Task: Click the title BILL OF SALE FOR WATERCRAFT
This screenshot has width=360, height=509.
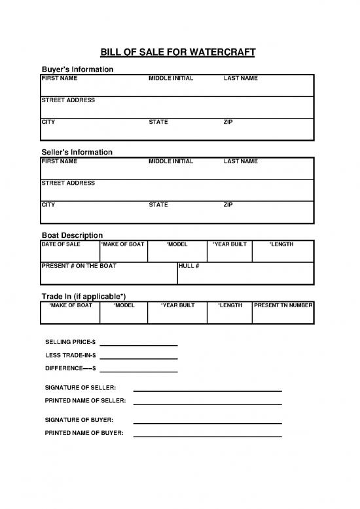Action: pyautogui.click(x=177, y=52)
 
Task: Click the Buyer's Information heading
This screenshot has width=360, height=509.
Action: pyautogui.click(x=77, y=69)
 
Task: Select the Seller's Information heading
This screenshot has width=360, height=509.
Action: pyautogui.click(x=77, y=152)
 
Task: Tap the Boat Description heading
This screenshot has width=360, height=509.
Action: pyautogui.click(x=72, y=235)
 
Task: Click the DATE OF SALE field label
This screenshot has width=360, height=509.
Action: pyautogui.click(x=61, y=244)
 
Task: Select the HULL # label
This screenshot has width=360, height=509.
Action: pyautogui.click(x=189, y=266)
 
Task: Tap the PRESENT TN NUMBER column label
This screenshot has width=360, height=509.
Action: pyautogui.click(x=283, y=305)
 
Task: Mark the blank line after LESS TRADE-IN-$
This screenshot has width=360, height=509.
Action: pyautogui.click(x=139, y=358)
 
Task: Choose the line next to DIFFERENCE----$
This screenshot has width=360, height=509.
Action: pyautogui.click(x=139, y=371)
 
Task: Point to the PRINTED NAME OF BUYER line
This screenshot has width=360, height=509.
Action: pyautogui.click(x=207, y=436)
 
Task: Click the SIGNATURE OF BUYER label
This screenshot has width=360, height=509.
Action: pyautogui.click(x=79, y=419)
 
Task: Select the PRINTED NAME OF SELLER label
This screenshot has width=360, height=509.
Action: pyautogui.click(x=85, y=400)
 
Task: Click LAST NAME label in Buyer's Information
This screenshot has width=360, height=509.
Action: pyautogui.click(x=241, y=79)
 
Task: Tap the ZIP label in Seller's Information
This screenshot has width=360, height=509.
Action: pyautogui.click(x=228, y=205)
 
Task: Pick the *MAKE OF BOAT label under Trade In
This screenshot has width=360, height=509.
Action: pyautogui.click(x=71, y=305)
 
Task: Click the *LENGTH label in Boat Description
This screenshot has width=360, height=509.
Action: pyautogui.click(x=281, y=244)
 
